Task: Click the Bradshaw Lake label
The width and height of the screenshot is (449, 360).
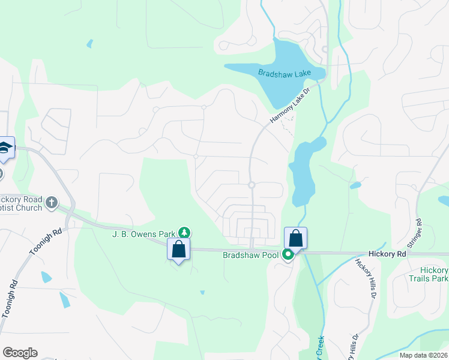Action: (285, 73)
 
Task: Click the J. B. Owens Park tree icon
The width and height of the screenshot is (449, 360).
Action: (185, 232)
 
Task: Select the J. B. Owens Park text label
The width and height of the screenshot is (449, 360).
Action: (143, 233)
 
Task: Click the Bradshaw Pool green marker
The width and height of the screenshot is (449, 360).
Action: (288, 255)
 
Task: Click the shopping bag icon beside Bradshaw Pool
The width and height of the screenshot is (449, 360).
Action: (295, 238)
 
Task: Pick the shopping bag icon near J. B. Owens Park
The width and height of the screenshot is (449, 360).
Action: (179, 249)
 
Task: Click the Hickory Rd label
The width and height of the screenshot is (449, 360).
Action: (388, 254)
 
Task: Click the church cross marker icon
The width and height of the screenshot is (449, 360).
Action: (52, 202)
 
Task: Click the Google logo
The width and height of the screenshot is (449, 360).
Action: (20, 353)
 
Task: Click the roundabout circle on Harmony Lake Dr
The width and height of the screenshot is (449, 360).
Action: (252, 185)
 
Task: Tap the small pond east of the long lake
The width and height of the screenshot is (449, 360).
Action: (355, 185)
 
